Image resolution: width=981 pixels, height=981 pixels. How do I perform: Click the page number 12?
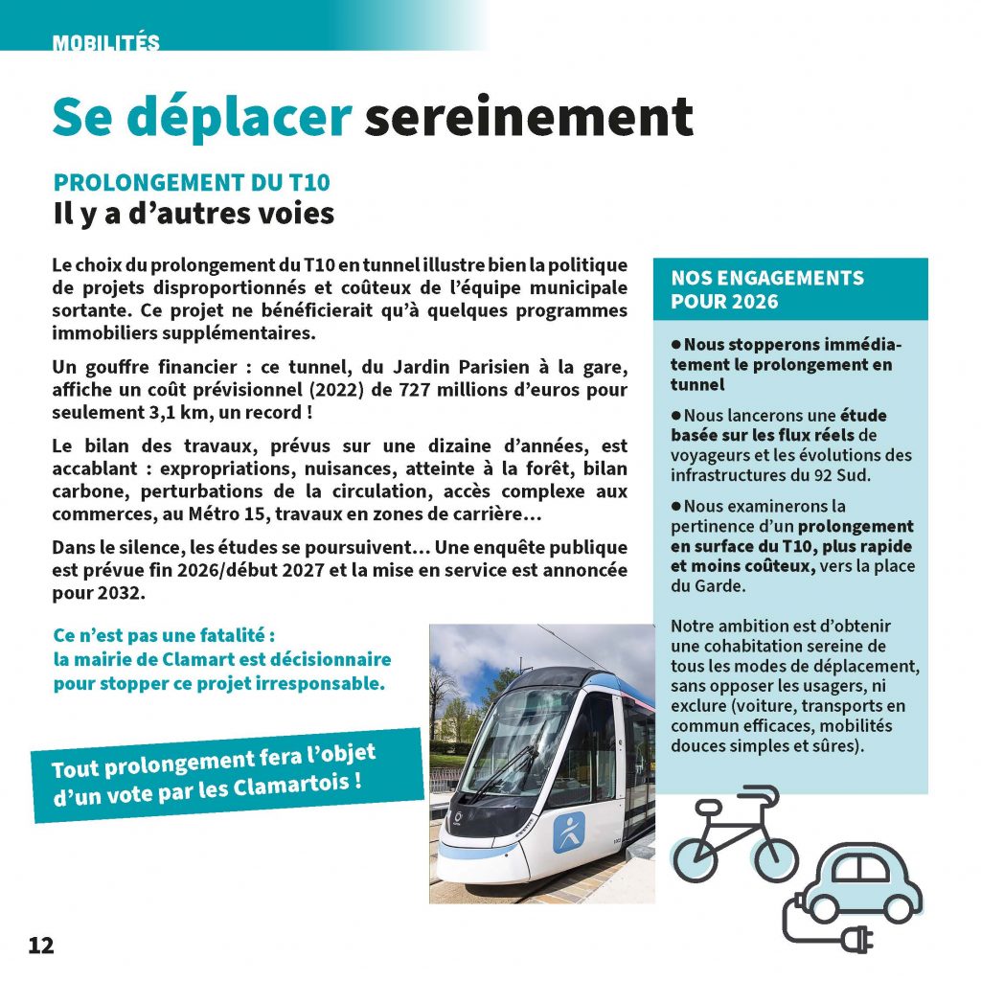tap(41, 946)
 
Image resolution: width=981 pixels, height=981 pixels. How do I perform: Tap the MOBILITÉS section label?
tap(106, 43)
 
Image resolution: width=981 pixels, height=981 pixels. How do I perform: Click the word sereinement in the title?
tap(528, 117)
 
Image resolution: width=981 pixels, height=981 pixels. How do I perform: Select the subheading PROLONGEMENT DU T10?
tap(193, 183)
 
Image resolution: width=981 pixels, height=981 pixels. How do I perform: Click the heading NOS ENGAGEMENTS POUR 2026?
tap(766, 289)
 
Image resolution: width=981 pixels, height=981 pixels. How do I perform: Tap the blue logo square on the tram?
tap(568, 832)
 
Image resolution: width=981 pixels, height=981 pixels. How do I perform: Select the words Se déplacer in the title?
tap(202, 117)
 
